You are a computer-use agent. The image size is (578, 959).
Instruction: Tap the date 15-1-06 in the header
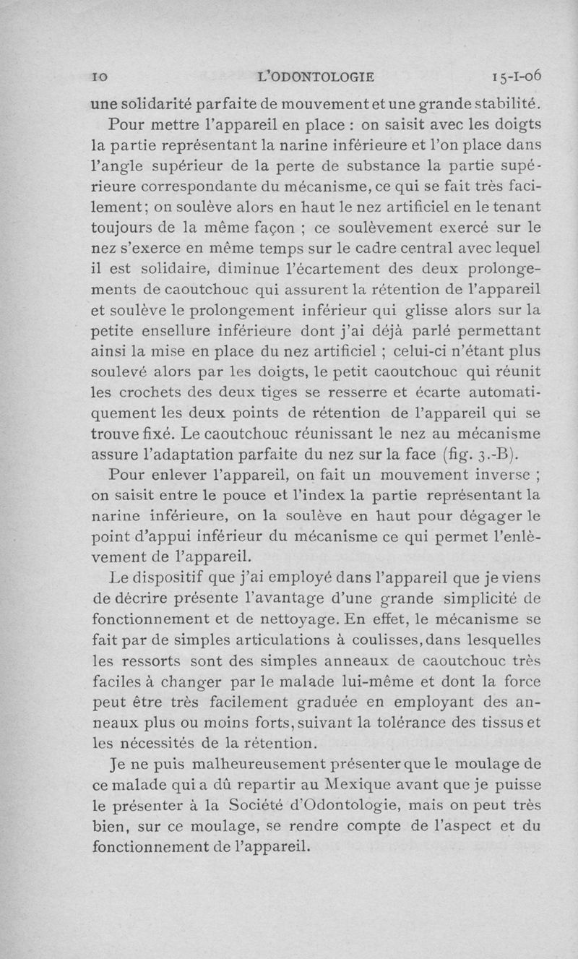[516, 75]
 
